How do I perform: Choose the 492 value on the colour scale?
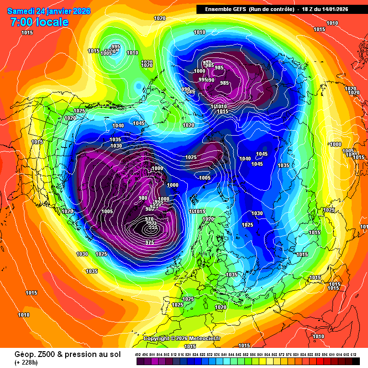point(138,354)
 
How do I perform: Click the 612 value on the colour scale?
point(353,354)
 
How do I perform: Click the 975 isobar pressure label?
point(149,242)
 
